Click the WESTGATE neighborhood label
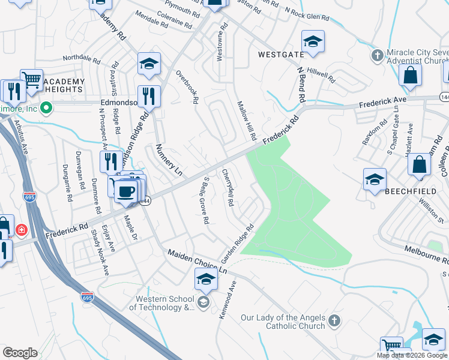(281, 55)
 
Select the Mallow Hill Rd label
(247, 118)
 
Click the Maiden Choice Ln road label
(197, 262)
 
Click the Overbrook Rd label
(187, 88)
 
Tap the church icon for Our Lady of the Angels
(334, 322)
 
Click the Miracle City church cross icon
(377, 56)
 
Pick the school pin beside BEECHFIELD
(374, 179)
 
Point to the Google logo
(20, 352)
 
